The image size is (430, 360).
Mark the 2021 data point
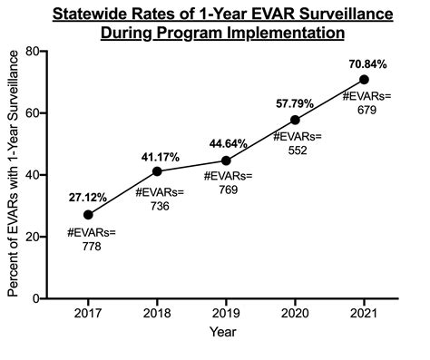pyautogui.click(x=365, y=79)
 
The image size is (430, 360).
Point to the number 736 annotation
pyautogui.click(x=160, y=206)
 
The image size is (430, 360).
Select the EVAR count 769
pyautogui.click(x=228, y=196)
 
